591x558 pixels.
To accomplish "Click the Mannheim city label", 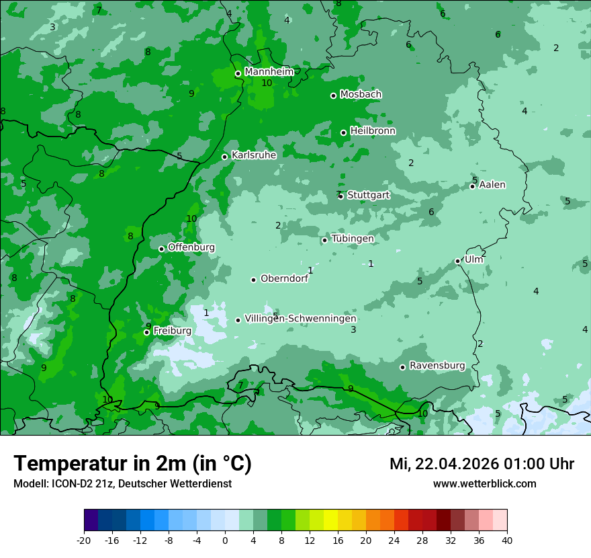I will (x=269, y=72).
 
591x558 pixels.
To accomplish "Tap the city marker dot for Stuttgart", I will (x=341, y=196).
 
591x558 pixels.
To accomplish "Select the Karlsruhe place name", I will (x=254, y=155).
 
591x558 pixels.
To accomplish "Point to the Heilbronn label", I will (x=373, y=131).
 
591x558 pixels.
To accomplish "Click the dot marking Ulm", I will (x=458, y=261).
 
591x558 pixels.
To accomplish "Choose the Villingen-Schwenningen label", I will (x=301, y=319).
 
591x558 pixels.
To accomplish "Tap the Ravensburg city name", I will (x=437, y=366).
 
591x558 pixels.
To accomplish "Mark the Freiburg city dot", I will (x=146, y=332).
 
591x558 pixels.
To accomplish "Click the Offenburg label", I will (x=191, y=247).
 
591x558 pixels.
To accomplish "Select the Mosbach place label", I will (x=361, y=95).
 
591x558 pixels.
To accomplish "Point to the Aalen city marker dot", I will (x=473, y=186).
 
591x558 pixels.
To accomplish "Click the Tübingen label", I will (x=353, y=239).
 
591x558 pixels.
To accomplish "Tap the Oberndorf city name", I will (x=284, y=278).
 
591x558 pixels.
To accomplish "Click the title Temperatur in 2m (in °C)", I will (x=132, y=463).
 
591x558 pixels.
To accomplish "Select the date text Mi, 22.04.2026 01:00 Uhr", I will (x=482, y=464).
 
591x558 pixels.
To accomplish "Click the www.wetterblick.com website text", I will (x=484, y=483).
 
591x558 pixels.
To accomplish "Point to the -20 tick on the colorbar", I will (x=84, y=540).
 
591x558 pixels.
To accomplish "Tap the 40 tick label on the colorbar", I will (x=506, y=540).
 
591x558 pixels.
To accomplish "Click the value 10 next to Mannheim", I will (x=267, y=83).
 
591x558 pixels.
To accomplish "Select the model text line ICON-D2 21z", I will (x=122, y=483).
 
